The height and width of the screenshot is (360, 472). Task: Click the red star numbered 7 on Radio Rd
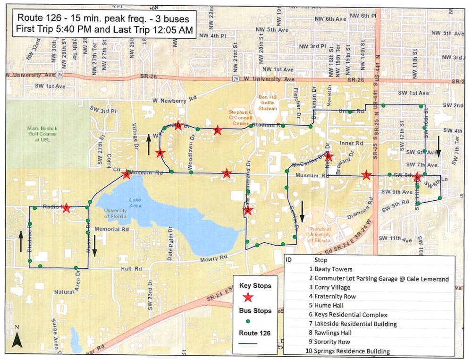[66, 208]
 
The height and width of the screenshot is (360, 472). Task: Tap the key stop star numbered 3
[126, 175]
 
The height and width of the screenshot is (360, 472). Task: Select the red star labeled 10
[178, 126]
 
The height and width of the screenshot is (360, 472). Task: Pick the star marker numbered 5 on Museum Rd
[227, 174]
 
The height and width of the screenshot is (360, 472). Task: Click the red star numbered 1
[365, 175]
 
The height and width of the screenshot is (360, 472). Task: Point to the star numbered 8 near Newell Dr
[329, 157]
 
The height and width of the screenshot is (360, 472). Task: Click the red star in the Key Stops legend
[248, 297]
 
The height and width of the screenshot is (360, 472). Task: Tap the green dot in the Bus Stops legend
[248, 321]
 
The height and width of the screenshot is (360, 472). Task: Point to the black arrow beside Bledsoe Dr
[21, 240]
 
